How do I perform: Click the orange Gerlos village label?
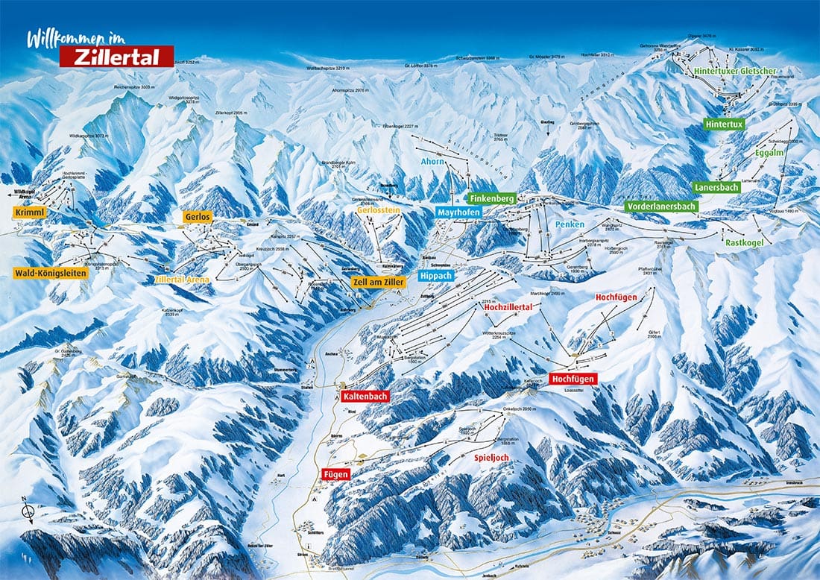pyautogui.click(x=198, y=216)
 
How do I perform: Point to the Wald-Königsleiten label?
pyautogui.click(x=51, y=274)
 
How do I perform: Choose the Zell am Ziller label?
pyautogui.click(x=379, y=282)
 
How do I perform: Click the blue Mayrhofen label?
pyautogui.click(x=458, y=212)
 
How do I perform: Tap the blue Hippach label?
pyautogui.click(x=435, y=275)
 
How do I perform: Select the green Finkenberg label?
pyautogui.click(x=492, y=199)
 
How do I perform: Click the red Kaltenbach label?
pyautogui.click(x=365, y=397)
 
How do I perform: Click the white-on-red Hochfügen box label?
pyautogui.click(x=573, y=379)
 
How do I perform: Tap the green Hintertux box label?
pyautogui.click(x=725, y=125)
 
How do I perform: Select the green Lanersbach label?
pyautogui.click(x=716, y=188)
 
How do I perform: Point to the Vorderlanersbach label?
pyautogui.click(x=662, y=207)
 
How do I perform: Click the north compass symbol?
pyautogui.click(x=28, y=511)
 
